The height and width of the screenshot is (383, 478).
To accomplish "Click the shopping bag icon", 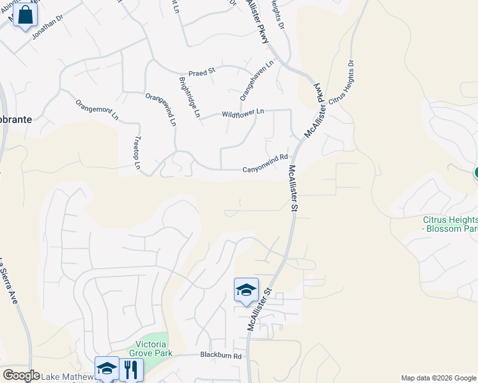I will pyautogui.click(x=25, y=15).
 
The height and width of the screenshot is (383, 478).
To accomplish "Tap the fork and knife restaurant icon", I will pyautogui.click(x=130, y=368).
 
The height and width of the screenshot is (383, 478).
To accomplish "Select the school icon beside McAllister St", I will pyautogui.click(x=246, y=290).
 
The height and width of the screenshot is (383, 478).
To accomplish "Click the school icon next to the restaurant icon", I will pyautogui.click(x=107, y=368).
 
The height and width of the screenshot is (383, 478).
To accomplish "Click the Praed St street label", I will pyautogui.click(x=201, y=73).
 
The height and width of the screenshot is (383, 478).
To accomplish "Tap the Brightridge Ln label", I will pyautogui.click(x=190, y=98).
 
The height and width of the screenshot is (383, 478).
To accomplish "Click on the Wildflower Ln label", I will pyautogui.click(x=243, y=113).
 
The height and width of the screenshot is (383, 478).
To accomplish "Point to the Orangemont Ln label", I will pyautogui.click(x=97, y=110).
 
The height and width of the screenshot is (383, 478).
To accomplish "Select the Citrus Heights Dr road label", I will pyautogui.click(x=342, y=84).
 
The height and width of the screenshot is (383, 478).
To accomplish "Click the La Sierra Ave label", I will pyautogui.click(x=8, y=280).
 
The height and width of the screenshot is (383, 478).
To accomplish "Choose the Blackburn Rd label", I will pyautogui.click(x=220, y=356).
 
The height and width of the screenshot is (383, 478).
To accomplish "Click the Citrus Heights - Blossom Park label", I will pyautogui.click(x=450, y=223).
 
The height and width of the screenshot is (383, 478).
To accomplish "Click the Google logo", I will pyautogui.click(x=20, y=375).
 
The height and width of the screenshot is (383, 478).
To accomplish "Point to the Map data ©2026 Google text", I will pyautogui.click(x=439, y=378).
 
